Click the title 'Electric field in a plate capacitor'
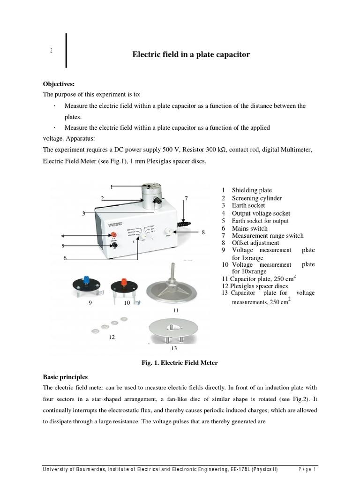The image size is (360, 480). pos(191,55)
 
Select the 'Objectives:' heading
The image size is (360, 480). pos(59,84)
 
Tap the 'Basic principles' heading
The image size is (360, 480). pos(65,376)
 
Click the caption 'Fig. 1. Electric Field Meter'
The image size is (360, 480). pos(180,362)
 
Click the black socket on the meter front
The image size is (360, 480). pos(113,244)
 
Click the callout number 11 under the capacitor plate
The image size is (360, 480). pos(176,310)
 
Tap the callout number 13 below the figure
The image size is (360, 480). pos(174,348)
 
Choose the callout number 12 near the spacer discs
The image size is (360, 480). pos(111,337)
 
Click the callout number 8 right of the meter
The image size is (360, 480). pos(203,232)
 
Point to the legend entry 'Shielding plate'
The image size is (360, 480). pos(252,190)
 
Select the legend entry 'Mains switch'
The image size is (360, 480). pos(249,228)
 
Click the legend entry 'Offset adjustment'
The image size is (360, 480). pos(255,243)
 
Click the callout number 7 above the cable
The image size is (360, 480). pos(186,198)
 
